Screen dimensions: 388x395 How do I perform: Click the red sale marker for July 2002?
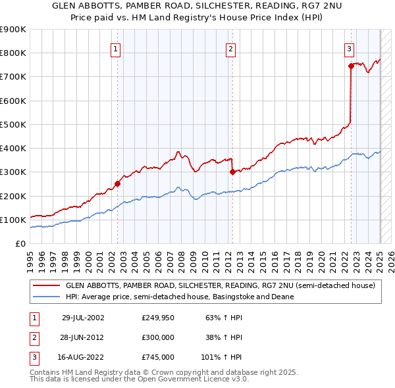pos(118,184)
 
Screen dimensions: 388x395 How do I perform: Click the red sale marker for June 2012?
pos(232,172)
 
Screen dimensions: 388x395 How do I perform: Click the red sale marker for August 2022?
pos(351,66)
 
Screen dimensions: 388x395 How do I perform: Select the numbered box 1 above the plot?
pos(116,48)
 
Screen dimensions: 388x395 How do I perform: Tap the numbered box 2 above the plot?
pos(231,48)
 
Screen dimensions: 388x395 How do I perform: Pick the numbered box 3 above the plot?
pos(348,48)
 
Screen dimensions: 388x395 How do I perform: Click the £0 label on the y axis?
pos(20,243)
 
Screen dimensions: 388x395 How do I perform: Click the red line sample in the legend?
pos(46,285)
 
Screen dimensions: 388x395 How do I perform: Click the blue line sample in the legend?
pos(46,297)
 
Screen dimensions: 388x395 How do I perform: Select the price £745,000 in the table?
pos(157,357)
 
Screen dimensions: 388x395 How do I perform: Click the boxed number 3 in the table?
pos(33,357)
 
